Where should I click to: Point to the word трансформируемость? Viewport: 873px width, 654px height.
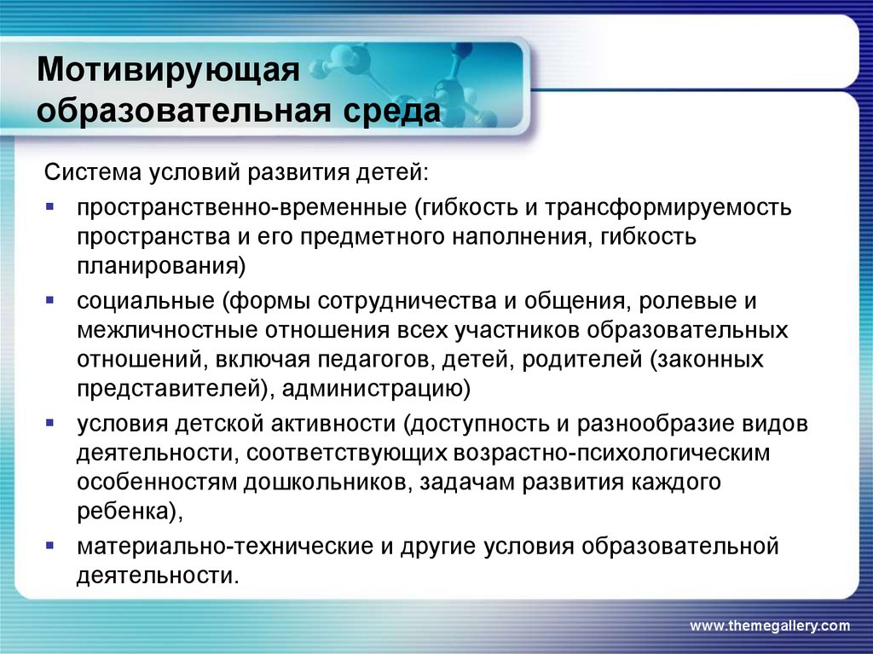point(668,208)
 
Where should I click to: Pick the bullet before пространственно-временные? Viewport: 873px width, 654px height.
point(50,206)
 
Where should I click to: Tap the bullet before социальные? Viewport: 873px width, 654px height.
point(50,300)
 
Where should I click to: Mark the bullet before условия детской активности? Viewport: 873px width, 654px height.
point(50,423)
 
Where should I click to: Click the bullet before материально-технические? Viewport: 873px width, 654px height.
point(50,546)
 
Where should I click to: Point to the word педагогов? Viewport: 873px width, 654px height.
point(376,360)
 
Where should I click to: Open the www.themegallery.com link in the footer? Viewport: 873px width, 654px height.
point(770,626)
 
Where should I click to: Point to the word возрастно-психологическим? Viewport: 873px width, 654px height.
point(612,453)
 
